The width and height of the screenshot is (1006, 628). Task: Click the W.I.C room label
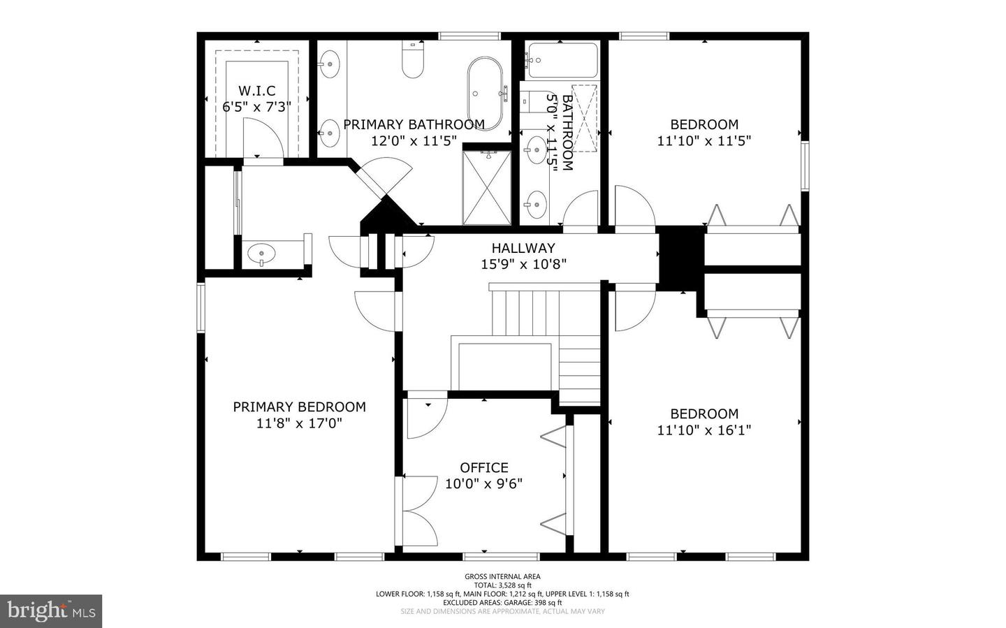(256, 91)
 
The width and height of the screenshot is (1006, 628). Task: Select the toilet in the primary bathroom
(413, 60)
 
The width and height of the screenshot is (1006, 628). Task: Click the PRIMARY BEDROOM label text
(299, 407)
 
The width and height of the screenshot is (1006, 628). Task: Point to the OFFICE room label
(483, 467)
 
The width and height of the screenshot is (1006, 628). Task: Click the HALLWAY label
(523, 248)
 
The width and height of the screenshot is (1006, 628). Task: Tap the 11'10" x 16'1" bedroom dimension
(704, 430)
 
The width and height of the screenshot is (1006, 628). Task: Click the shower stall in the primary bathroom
(487, 187)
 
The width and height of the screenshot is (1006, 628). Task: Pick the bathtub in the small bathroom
(562, 61)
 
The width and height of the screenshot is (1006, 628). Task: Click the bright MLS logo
(51, 611)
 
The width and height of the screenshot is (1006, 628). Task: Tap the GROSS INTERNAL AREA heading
(502, 576)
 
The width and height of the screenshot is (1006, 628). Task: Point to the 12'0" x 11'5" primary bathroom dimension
(414, 141)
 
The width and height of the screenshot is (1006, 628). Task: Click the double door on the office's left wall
(418, 511)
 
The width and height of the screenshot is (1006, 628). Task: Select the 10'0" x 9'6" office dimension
(483, 483)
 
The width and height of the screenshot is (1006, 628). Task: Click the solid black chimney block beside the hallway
(681, 256)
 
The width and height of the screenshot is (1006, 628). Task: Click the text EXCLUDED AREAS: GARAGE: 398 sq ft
(502, 603)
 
